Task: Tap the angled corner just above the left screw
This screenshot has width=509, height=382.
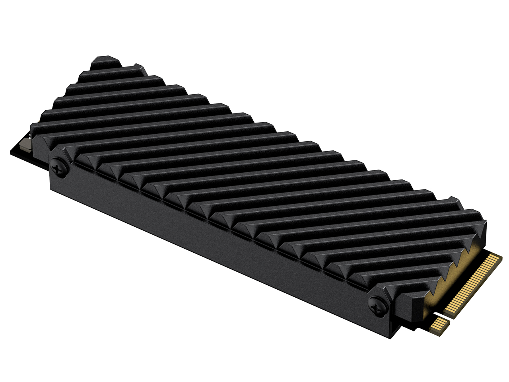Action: (60, 150)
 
